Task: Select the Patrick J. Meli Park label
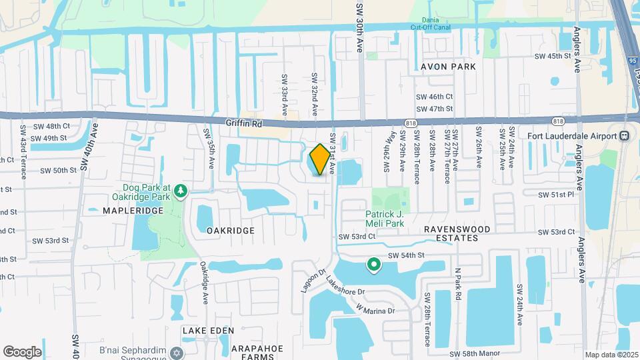[x=385, y=219]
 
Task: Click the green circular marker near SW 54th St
[x=375, y=265]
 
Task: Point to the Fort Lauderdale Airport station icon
[x=625, y=136]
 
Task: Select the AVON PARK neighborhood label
[x=449, y=67]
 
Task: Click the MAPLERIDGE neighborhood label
[x=133, y=211]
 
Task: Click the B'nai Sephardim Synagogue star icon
[x=177, y=351]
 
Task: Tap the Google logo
[x=22, y=351]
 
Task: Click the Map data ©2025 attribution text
[x=611, y=355]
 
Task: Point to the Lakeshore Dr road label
[x=346, y=287]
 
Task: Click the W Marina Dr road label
[x=375, y=310]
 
